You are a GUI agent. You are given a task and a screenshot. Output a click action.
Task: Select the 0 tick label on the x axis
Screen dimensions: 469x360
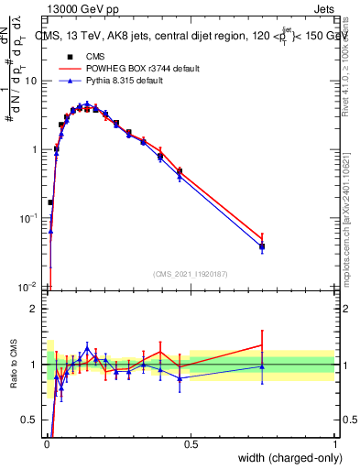46,445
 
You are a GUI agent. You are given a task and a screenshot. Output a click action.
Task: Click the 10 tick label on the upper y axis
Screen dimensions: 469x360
32,81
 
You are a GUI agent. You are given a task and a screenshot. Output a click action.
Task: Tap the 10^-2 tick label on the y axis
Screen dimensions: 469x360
28,287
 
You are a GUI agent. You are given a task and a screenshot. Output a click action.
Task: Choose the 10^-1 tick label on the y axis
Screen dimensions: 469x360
28,218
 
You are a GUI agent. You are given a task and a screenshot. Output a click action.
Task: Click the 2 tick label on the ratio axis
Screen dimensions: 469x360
36,309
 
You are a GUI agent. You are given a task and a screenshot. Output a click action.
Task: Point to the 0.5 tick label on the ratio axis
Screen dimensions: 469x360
32,420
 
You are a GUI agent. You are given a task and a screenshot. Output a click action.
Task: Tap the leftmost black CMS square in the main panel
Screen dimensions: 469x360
50,202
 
